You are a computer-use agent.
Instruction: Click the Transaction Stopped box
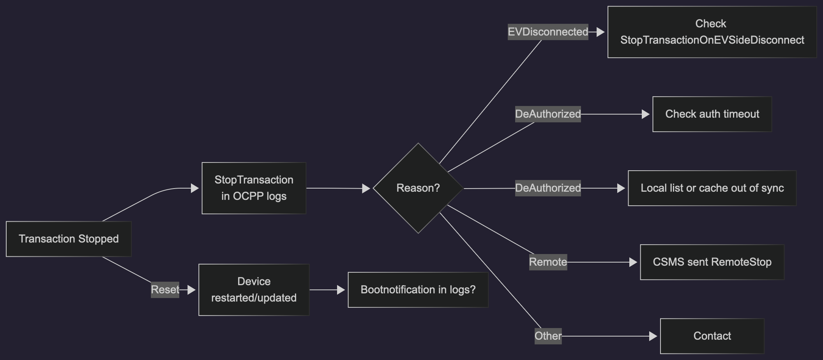pos(69,239)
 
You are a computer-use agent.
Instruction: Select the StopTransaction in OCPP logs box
pos(254,188)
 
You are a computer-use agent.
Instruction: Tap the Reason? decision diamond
pos(418,188)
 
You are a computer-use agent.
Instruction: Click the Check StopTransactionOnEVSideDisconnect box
pos(712,32)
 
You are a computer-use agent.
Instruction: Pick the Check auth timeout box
pos(712,114)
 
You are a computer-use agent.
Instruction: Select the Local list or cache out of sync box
pos(712,188)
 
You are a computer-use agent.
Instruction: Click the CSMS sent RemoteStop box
pos(712,262)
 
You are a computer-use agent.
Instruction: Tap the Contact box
pos(712,336)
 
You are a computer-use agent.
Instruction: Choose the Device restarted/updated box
pos(254,290)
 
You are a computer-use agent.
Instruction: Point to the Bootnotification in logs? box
pos(418,290)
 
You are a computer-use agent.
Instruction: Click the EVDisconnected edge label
pos(548,32)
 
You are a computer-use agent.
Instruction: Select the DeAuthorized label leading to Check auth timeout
pos(548,114)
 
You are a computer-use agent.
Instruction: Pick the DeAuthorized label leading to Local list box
pos(548,188)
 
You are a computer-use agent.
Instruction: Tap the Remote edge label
pos(548,262)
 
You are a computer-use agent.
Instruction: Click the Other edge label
pos(548,336)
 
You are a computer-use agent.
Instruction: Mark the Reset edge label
pos(165,290)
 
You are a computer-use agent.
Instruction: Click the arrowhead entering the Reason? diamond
pos(366,189)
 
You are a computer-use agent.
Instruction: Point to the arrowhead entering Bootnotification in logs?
pos(341,290)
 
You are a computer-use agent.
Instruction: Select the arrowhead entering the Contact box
pos(653,336)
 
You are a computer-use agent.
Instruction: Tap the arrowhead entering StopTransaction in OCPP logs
pos(195,189)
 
